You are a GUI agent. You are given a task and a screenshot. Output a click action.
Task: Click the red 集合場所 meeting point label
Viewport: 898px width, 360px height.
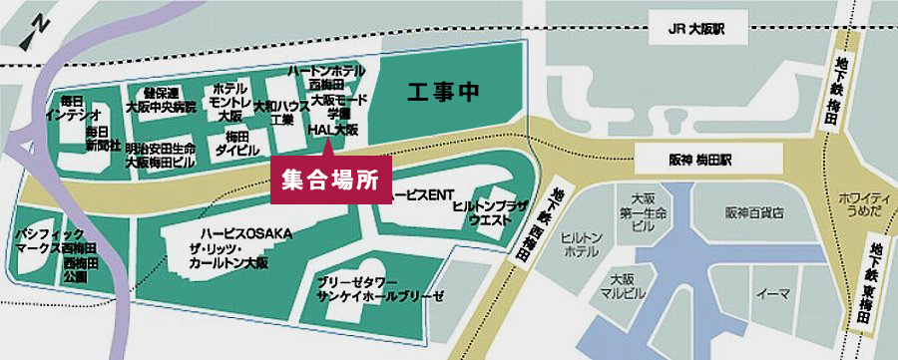(x=325, y=180)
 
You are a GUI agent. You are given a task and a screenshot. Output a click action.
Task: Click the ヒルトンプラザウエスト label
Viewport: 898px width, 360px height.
(x=484, y=210)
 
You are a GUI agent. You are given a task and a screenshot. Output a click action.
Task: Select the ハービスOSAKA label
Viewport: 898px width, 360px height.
(x=245, y=234)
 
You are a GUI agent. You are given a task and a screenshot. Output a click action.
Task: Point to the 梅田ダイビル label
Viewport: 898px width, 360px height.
(x=236, y=144)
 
